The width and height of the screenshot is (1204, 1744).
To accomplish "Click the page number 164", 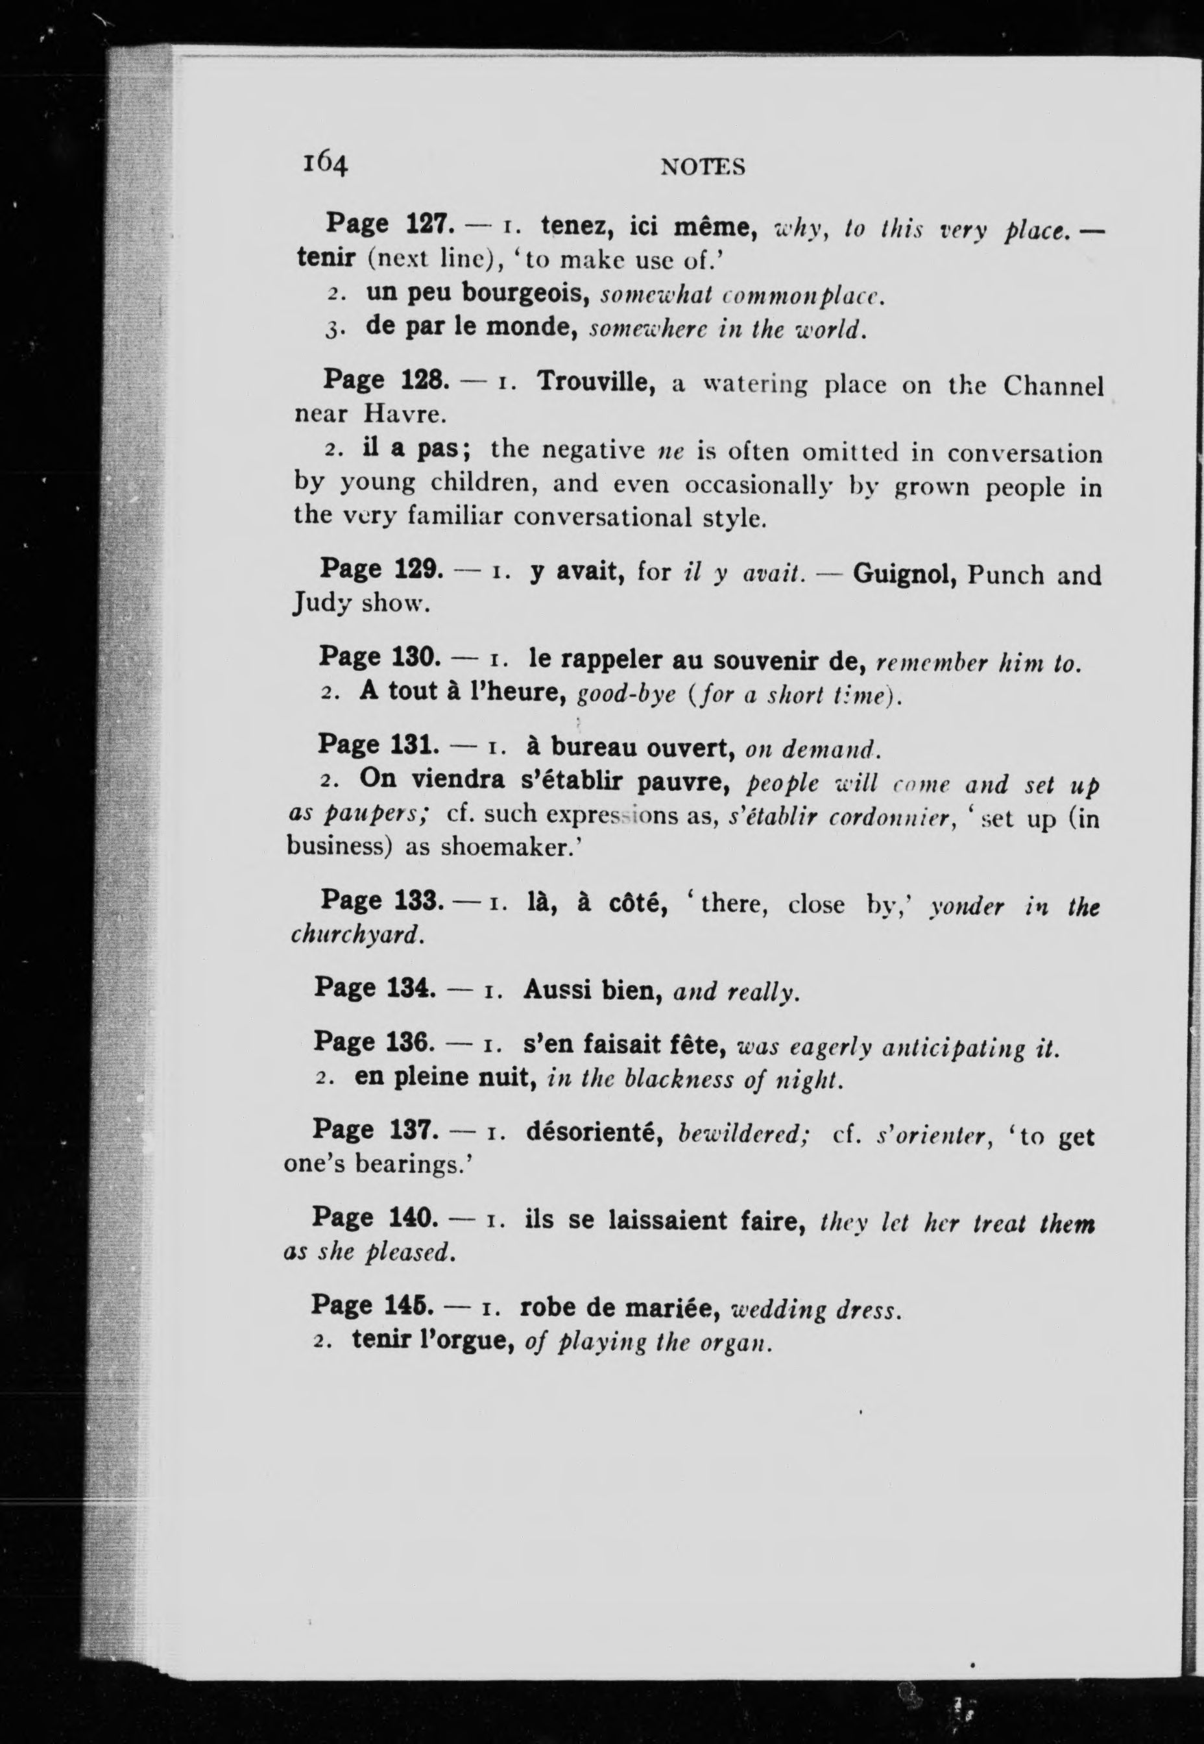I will coord(325,163).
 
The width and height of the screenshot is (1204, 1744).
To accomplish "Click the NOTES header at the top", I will coord(703,167).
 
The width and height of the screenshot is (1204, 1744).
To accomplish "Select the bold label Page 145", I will coord(372,1304).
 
